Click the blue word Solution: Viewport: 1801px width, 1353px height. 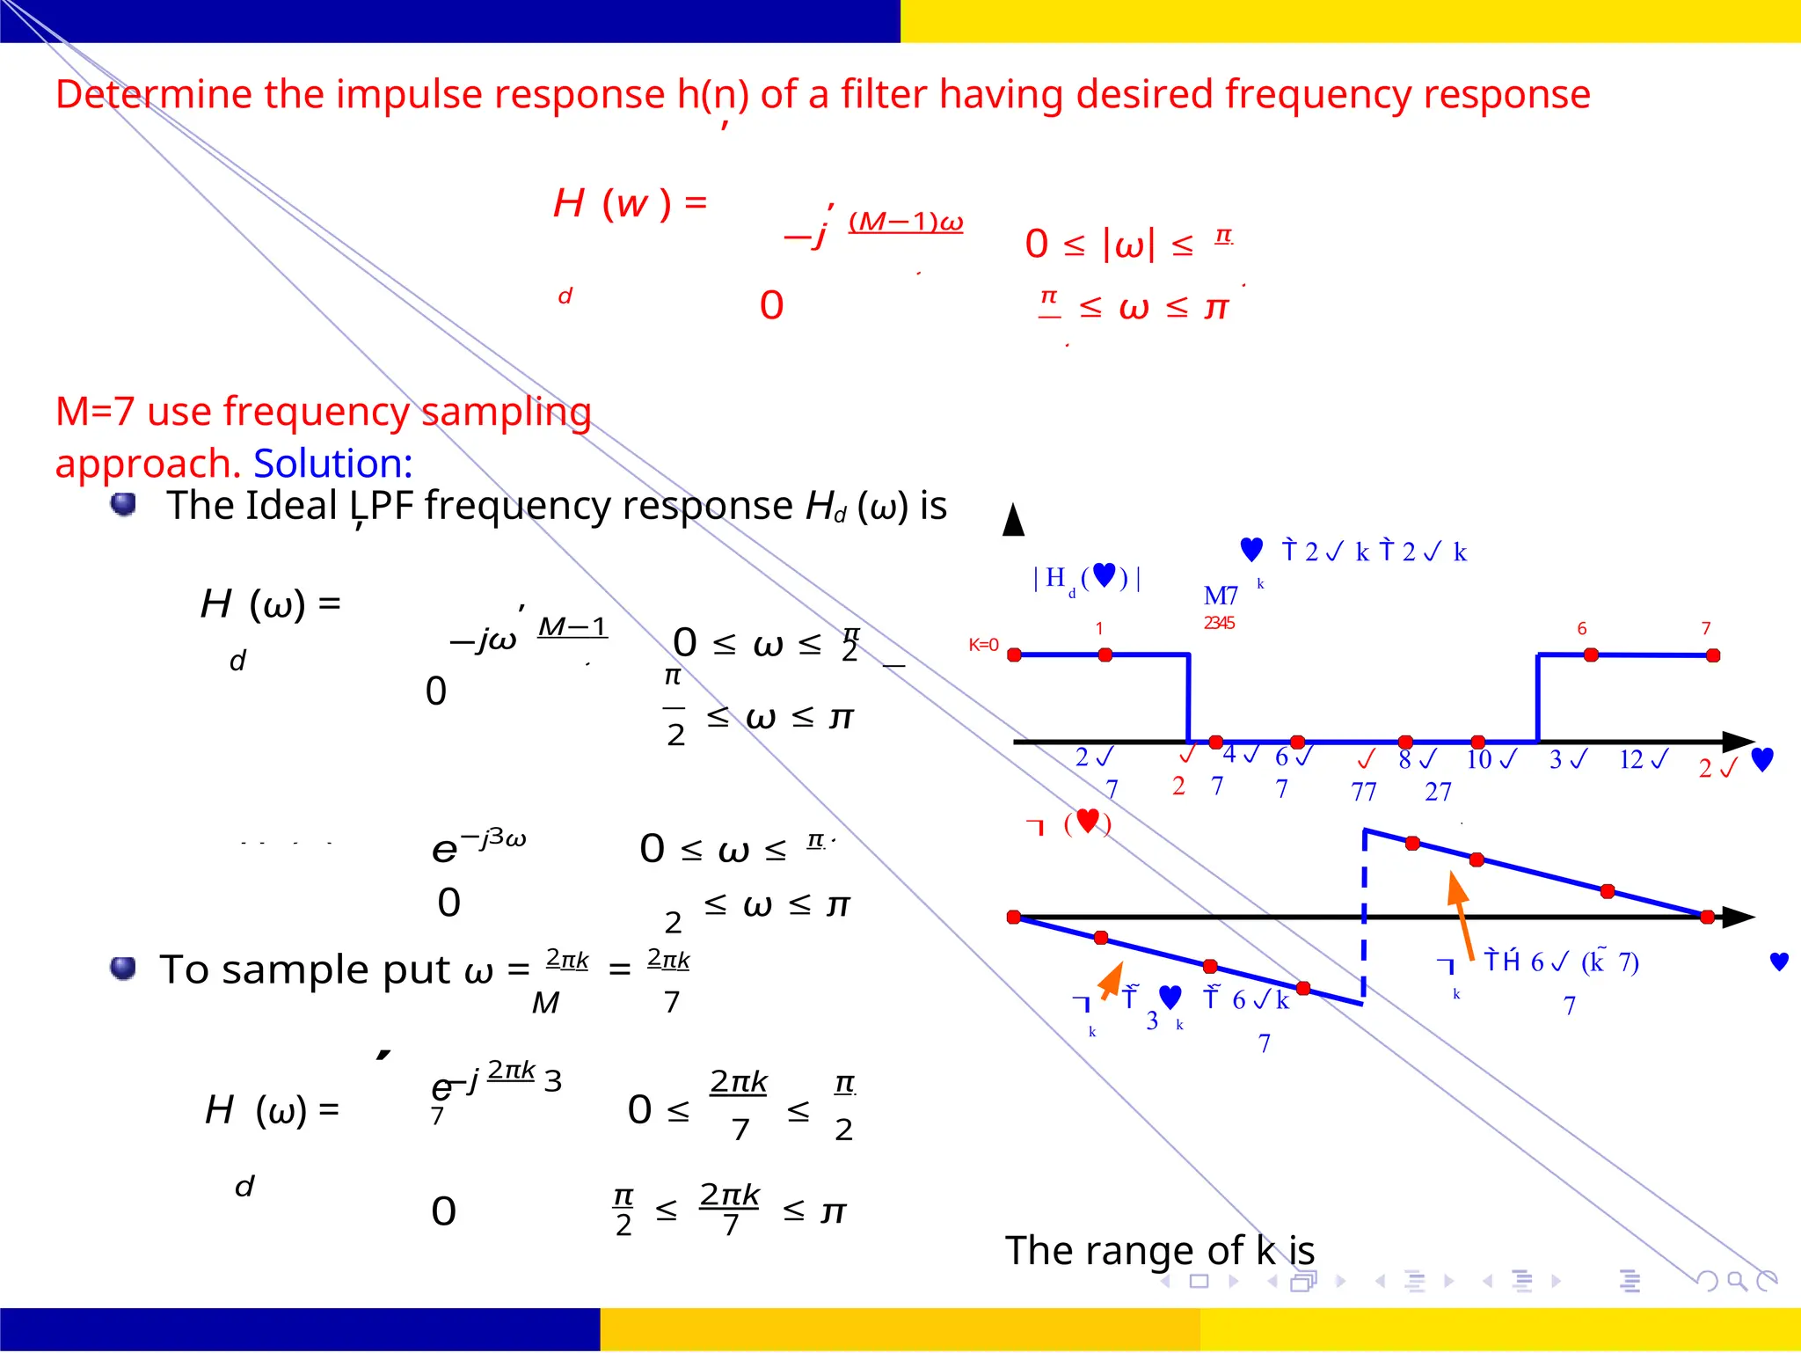point(332,463)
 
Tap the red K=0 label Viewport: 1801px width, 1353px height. point(983,645)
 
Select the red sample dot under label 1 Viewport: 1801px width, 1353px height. point(1105,655)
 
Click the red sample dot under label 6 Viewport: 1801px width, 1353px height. point(1591,655)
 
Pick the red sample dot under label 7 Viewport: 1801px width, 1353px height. point(1713,655)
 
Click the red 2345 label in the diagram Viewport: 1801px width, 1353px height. point(1219,623)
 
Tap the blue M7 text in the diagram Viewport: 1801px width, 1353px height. point(1221,596)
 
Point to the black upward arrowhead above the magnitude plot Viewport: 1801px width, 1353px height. point(1013,520)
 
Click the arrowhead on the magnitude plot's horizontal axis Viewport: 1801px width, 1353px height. point(1739,742)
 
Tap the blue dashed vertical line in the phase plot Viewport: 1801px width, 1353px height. point(1364,915)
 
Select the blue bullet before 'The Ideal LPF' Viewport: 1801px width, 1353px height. point(124,504)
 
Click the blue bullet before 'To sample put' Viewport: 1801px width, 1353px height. point(123,968)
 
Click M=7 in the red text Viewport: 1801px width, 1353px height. point(95,412)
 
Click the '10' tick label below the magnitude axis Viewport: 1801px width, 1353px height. point(1479,758)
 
